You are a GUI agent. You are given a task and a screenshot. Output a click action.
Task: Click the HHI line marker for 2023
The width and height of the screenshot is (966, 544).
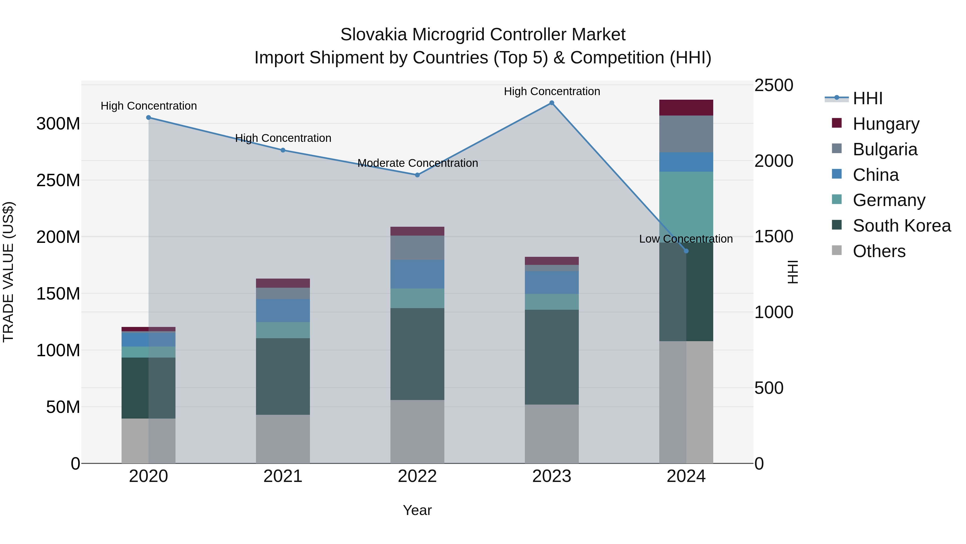552,103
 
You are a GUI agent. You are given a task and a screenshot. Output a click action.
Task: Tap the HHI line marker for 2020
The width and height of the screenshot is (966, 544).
148,117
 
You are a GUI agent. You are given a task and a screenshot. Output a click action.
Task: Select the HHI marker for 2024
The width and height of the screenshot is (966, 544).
686,251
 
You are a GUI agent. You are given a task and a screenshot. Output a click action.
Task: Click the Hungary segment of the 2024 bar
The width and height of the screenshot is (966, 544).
686,108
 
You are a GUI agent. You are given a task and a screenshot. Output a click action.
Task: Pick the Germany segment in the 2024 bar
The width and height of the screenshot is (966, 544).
686,207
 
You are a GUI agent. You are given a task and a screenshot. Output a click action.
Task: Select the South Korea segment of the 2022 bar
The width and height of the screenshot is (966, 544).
417,354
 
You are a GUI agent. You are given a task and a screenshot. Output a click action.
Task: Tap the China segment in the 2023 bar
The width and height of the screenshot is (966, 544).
552,282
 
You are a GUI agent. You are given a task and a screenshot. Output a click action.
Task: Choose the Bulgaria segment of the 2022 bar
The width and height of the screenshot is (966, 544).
417,248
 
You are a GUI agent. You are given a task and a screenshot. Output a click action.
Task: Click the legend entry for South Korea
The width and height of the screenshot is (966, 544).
902,226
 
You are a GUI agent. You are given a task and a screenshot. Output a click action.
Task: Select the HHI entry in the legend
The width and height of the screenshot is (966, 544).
867,98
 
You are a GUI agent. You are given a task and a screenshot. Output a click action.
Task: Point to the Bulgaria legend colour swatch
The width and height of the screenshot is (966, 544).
837,149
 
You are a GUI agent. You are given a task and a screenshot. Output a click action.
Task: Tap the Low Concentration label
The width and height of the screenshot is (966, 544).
686,239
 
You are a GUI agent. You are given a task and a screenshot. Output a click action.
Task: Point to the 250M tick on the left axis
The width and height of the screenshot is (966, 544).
58,180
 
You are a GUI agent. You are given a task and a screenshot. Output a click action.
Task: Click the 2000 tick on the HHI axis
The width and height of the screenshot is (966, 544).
774,161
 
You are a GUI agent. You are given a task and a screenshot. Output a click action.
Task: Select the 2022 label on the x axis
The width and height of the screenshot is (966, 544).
417,476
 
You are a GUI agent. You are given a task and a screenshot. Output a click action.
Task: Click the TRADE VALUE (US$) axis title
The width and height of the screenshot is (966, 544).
8,272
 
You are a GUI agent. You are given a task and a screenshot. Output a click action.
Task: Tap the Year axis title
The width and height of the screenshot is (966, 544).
417,510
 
